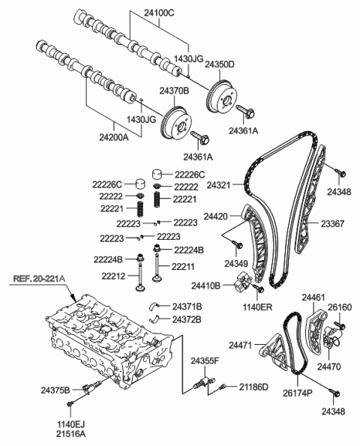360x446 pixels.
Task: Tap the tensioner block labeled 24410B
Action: coord(241,286)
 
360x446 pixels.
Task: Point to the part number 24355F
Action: coord(203,361)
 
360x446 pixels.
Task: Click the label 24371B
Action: coord(187,306)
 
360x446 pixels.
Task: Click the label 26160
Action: coord(339,307)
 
